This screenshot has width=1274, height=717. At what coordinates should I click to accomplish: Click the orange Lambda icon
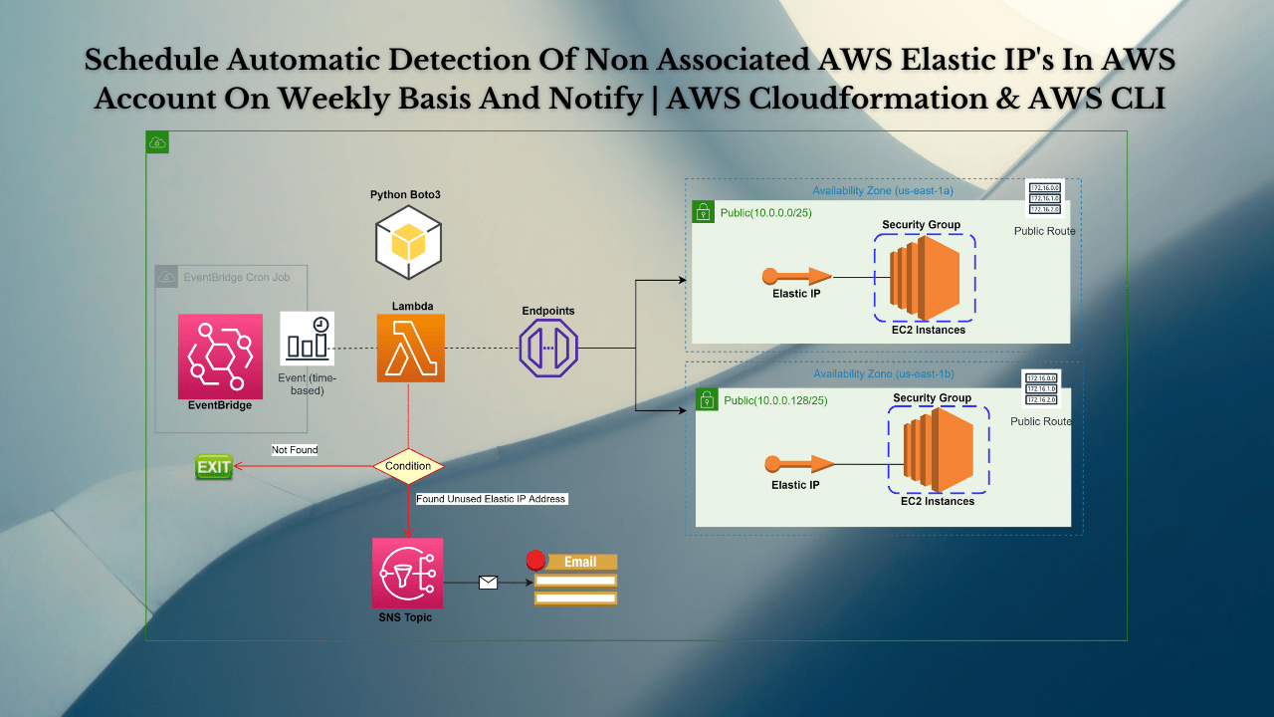click(410, 349)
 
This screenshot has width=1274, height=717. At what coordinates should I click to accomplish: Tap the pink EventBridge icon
click(220, 357)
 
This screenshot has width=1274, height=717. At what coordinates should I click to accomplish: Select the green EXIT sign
click(213, 467)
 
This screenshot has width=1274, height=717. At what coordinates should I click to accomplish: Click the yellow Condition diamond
click(408, 465)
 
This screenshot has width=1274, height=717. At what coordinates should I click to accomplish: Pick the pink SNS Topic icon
click(407, 573)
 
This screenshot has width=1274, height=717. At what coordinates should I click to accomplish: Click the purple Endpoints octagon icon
click(548, 348)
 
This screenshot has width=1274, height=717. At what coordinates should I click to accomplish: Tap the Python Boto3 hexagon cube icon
click(408, 243)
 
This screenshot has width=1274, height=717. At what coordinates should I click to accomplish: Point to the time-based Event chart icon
click(307, 339)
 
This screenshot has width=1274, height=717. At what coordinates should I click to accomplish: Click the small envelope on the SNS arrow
click(488, 583)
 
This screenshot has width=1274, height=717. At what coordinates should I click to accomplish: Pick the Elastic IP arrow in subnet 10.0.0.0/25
click(796, 276)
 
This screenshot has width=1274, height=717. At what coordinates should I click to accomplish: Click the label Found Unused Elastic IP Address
click(491, 499)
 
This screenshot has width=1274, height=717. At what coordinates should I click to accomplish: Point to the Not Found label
click(295, 450)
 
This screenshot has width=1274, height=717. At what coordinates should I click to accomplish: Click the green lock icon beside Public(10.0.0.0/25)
click(703, 212)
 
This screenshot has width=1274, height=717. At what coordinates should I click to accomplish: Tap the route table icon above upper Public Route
click(1044, 198)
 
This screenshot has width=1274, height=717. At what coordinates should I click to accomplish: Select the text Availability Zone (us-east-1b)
click(884, 373)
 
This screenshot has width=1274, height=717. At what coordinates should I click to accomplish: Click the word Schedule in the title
click(149, 60)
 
